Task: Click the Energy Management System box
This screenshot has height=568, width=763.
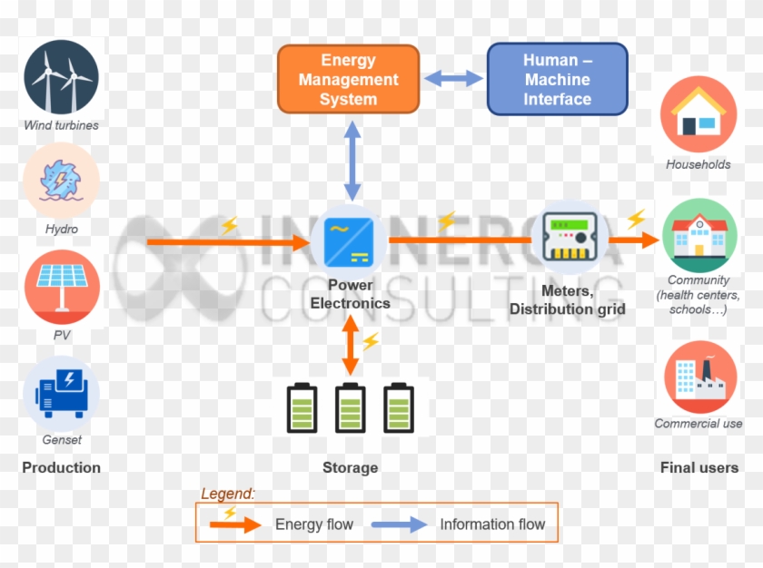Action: coord(348,80)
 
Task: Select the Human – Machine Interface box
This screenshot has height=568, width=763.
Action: coord(557,80)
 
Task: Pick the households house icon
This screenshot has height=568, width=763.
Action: coord(698,114)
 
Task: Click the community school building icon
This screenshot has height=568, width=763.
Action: coord(698,235)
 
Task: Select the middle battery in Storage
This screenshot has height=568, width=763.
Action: coord(351,407)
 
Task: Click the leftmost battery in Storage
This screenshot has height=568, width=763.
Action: coord(302,407)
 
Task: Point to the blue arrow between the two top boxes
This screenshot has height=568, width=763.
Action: coord(453,79)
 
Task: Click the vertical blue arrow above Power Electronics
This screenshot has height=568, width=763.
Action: coord(352,162)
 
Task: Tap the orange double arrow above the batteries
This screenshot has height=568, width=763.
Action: coord(350,347)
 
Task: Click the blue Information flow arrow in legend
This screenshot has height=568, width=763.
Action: coord(399,524)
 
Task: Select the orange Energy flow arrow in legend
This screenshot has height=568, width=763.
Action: coord(236,524)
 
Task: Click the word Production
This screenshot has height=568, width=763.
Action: coord(61,467)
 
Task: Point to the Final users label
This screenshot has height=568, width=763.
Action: coord(699,467)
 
